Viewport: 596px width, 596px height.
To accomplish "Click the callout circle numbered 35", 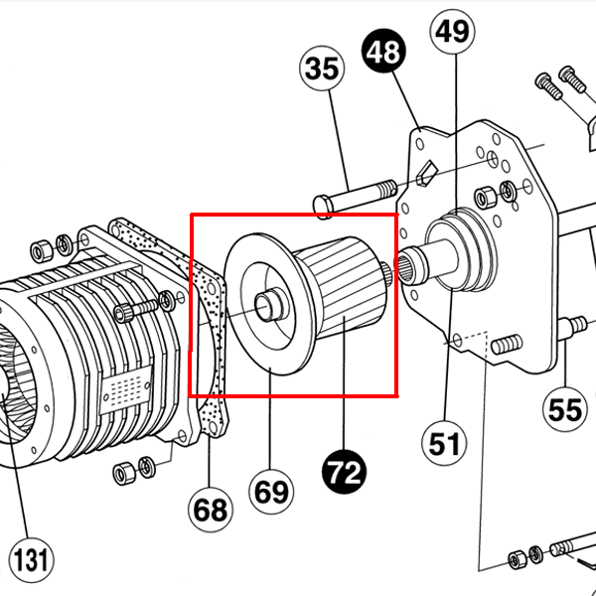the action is [x=322, y=69].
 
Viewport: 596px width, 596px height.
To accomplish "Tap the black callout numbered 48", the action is [x=383, y=51].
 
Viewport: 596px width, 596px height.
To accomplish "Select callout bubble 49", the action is [x=452, y=32].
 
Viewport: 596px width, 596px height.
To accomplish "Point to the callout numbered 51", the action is [x=444, y=443].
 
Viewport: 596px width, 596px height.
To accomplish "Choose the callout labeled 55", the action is [x=565, y=409].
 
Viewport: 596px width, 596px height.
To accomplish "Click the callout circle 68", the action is [x=211, y=510].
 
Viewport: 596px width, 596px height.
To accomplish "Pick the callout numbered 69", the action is [x=271, y=492].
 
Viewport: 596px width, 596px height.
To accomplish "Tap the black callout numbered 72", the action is [x=344, y=472].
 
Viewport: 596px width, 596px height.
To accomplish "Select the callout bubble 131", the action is [x=31, y=560].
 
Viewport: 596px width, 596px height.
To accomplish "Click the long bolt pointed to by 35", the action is [x=355, y=198].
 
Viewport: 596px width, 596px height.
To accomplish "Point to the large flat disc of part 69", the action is [x=270, y=304].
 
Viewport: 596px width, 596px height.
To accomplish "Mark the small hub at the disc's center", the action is [x=269, y=304].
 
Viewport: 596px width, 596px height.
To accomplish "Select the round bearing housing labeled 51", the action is [x=461, y=250].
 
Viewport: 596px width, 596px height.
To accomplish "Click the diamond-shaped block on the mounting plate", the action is [x=426, y=173].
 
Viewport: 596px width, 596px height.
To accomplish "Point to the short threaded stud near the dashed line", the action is [x=507, y=344].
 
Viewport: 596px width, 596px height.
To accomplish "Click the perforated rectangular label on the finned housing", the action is [x=126, y=389].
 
